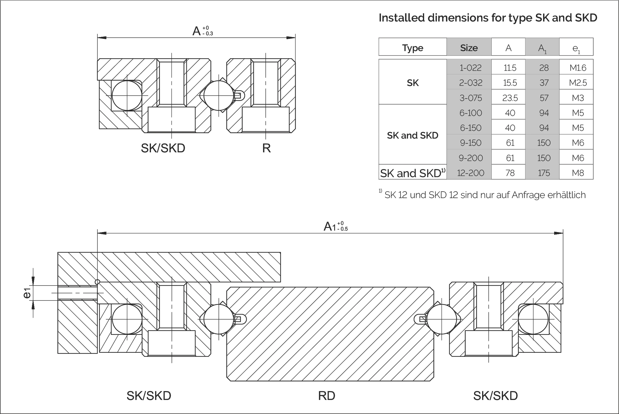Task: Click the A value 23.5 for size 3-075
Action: tap(510, 98)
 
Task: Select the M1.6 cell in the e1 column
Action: tap(578, 68)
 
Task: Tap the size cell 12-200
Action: tap(470, 173)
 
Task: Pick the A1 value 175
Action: tap(544, 173)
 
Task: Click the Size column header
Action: tap(469, 48)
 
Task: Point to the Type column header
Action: tap(412, 48)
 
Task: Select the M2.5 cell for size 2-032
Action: tap(578, 83)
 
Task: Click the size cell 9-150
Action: tap(470, 143)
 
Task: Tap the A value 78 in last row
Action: tap(510, 173)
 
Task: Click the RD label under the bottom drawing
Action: tap(326, 396)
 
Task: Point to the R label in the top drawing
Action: tap(266, 148)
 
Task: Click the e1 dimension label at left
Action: tap(27, 293)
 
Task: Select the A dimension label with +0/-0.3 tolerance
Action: tap(202, 31)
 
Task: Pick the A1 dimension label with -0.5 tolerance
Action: tap(335, 226)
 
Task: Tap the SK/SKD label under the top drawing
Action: tap(163, 148)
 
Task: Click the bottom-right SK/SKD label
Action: tap(495, 396)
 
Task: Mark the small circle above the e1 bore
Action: tap(97, 282)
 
